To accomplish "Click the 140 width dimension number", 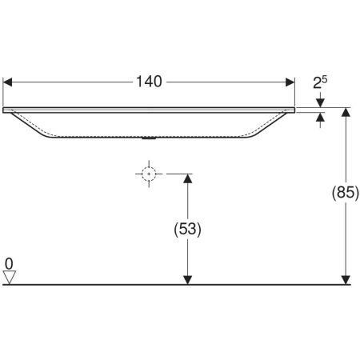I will tap(150, 81).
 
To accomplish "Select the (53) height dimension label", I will tap(187, 229).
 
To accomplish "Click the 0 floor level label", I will tap(9, 262).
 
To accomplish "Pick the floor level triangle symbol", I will tap(10, 277).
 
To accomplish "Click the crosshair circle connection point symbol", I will tap(148, 174).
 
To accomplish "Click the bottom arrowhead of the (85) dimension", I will tap(346, 278).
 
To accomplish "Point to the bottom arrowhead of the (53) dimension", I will tap(187, 278).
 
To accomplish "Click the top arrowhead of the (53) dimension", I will tap(187, 179).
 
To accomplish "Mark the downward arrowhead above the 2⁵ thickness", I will tap(321, 102).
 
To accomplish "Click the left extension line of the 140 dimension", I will tap(5, 92).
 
